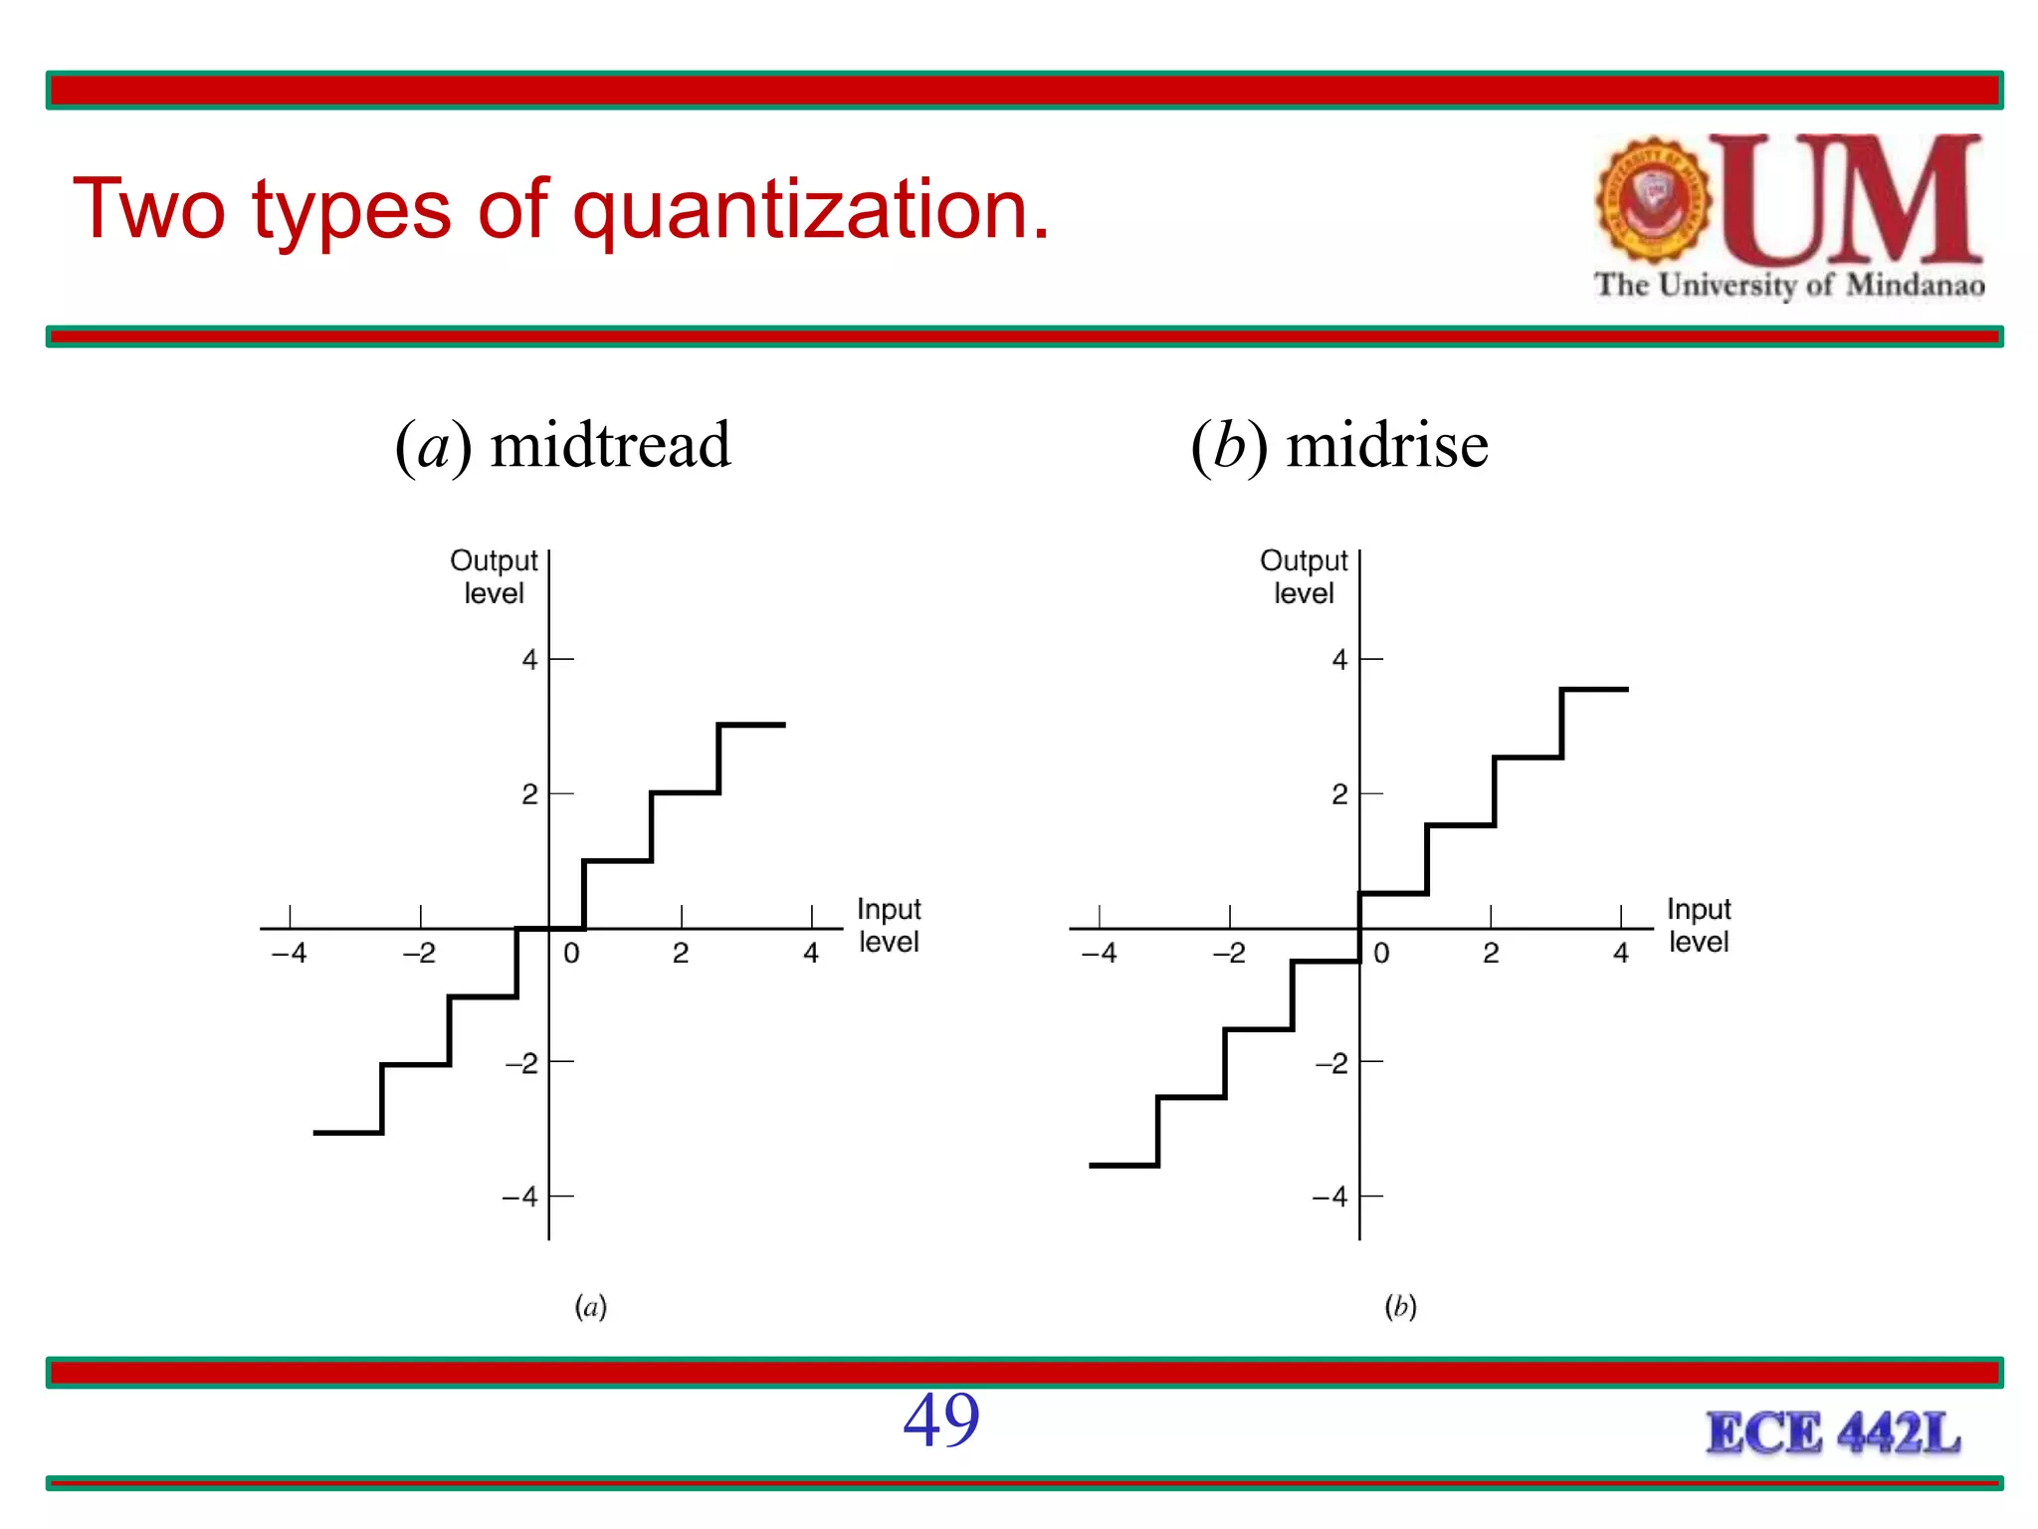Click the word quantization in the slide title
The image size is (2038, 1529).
(810, 211)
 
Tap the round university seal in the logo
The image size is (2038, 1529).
(1653, 199)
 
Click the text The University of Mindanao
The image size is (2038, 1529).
(1789, 286)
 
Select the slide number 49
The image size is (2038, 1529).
(940, 1420)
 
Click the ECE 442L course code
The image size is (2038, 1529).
(1833, 1433)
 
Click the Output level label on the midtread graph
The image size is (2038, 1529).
(494, 576)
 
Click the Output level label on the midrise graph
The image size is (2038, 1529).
(1304, 576)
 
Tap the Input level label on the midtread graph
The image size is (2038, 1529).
(889, 925)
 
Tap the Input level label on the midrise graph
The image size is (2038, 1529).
(1699, 925)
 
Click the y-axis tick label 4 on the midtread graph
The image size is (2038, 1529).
(529, 659)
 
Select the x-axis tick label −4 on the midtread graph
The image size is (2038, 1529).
(290, 954)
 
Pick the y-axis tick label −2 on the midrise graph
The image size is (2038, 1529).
(1331, 1063)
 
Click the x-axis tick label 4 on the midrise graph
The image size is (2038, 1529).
(1621, 954)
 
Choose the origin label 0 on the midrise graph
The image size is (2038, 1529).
(1381, 954)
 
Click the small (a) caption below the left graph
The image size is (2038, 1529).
(590, 1306)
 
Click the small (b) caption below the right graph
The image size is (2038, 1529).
(1400, 1306)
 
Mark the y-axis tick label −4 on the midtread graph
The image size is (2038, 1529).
(520, 1197)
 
